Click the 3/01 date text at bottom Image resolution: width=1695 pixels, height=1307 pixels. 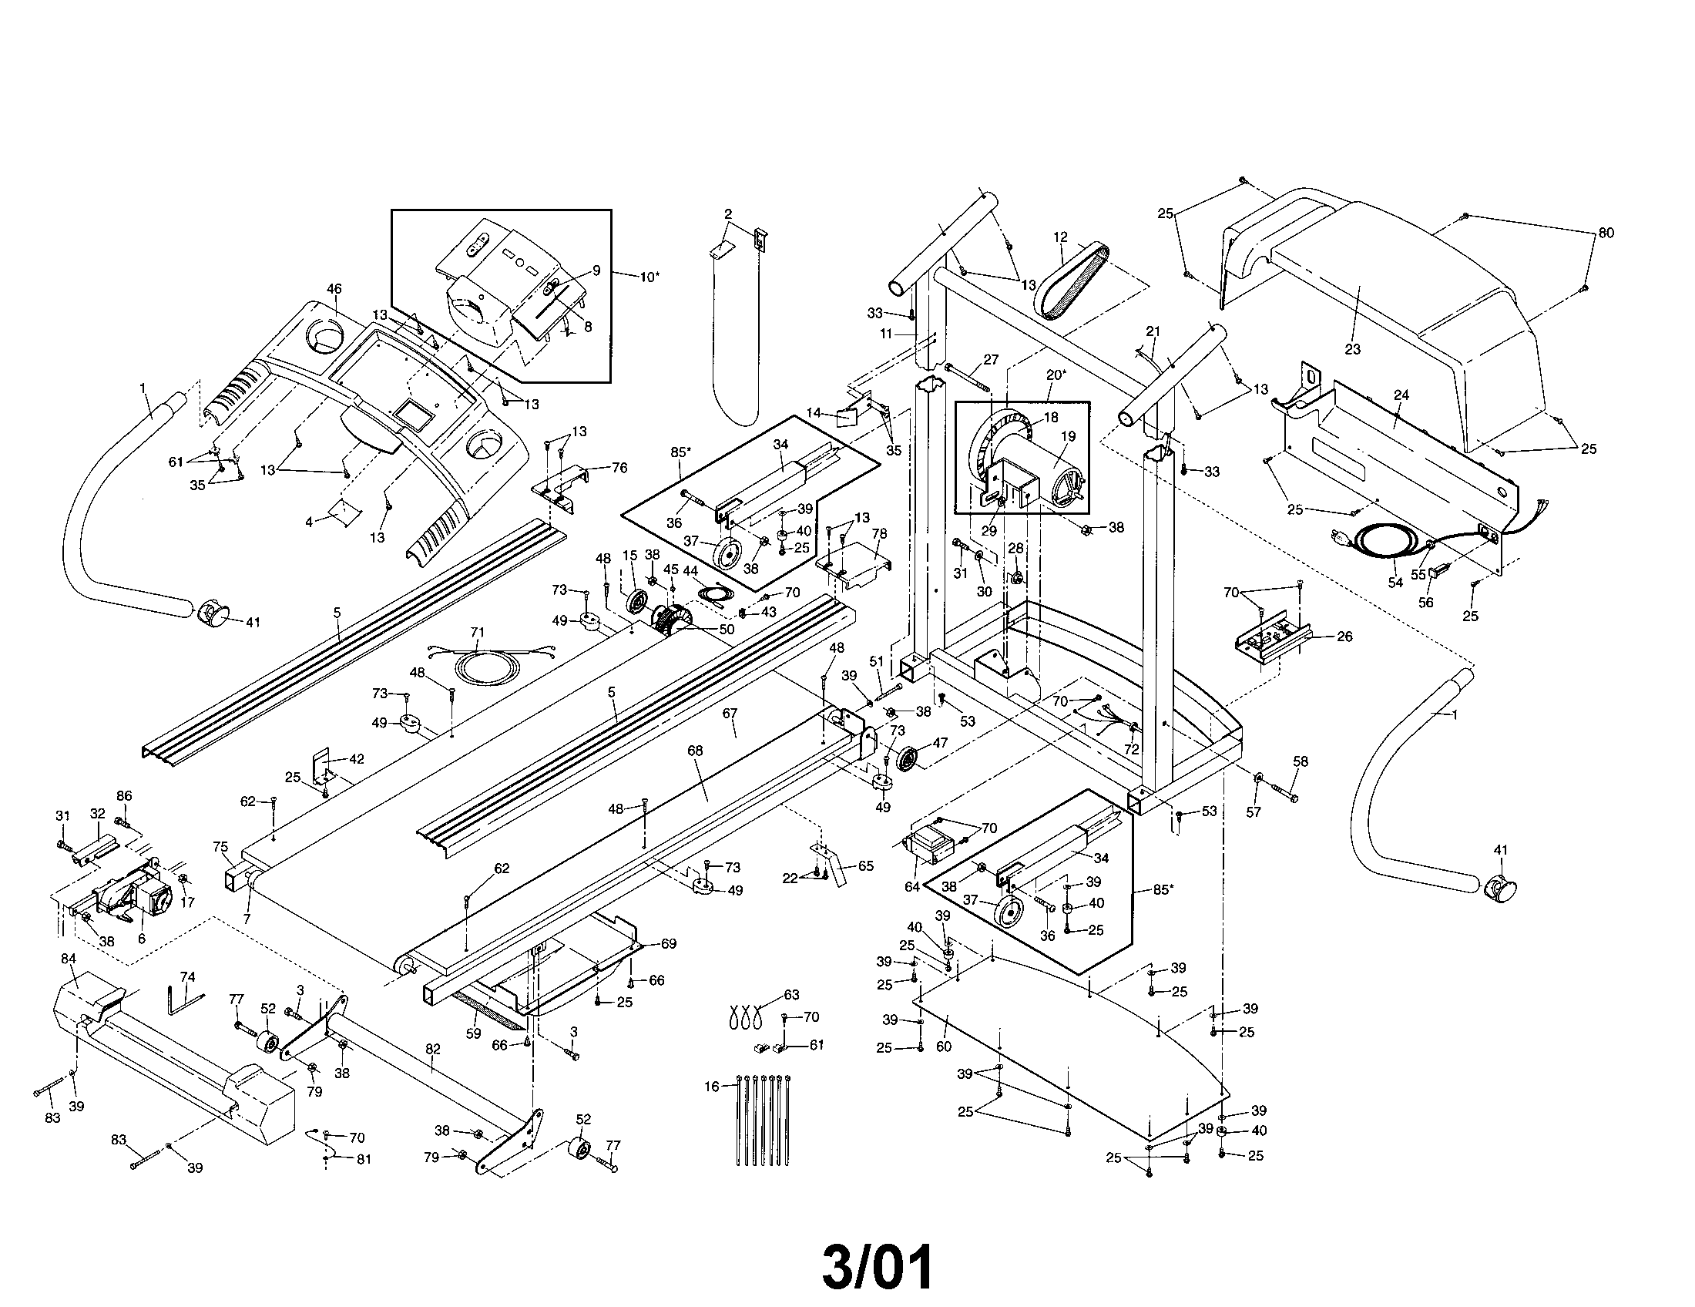pyautogui.click(x=877, y=1267)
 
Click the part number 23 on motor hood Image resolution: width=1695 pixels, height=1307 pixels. pyautogui.click(x=1353, y=350)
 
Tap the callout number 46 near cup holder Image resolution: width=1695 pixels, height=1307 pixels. pyautogui.click(x=334, y=290)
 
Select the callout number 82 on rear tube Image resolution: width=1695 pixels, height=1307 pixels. pyautogui.click(x=433, y=1049)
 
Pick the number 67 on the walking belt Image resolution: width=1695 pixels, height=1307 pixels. pyautogui.click(x=730, y=713)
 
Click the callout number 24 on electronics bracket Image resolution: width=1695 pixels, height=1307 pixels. pyautogui.click(x=1401, y=395)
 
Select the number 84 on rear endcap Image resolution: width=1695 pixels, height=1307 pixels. pyautogui.click(x=69, y=959)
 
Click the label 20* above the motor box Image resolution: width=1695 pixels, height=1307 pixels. pyautogui.click(x=1055, y=375)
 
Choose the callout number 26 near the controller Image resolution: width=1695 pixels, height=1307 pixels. pyautogui.click(x=1344, y=637)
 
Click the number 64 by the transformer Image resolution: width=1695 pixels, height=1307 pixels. pyautogui.click(x=911, y=885)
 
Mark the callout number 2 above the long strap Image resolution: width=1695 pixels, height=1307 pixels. pyautogui.click(x=728, y=213)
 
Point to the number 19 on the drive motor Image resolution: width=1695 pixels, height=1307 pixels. pyautogui.click(x=1069, y=436)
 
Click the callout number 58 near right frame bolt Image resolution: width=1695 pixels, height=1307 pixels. pyautogui.click(x=1300, y=761)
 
